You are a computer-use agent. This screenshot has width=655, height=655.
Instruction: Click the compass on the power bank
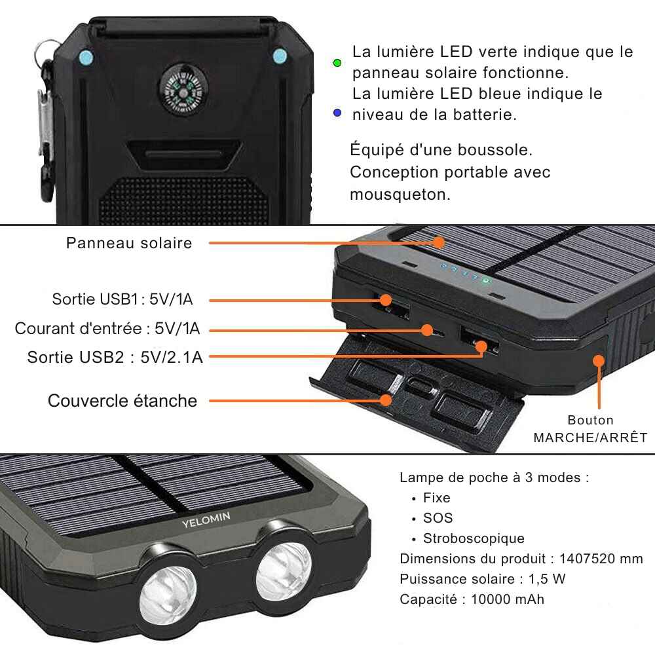(x=177, y=90)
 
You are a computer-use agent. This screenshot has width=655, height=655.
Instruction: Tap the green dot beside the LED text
(x=337, y=63)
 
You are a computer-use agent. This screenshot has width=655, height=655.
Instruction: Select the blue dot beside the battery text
(x=337, y=113)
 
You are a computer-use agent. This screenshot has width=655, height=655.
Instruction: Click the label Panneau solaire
(x=129, y=243)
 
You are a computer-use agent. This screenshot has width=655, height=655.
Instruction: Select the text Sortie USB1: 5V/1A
(x=122, y=299)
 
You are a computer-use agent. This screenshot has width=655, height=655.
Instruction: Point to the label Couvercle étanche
(x=122, y=400)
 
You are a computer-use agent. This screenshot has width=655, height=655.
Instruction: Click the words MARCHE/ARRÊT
(x=590, y=438)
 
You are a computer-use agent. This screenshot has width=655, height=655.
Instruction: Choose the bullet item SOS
(x=438, y=518)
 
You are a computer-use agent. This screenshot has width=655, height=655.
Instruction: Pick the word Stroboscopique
(x=474, y=538)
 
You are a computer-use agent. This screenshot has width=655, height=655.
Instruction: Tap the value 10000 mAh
(x=508, y=599)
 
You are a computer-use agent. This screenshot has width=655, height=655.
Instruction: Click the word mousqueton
(x=400, y=195)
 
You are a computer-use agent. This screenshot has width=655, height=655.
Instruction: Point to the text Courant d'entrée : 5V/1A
(x=107, y=328)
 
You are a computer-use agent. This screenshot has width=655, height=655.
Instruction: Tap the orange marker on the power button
(x=598, y=360)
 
